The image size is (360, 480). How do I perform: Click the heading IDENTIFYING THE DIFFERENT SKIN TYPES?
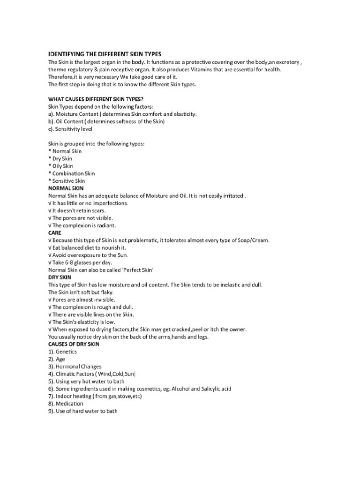105,54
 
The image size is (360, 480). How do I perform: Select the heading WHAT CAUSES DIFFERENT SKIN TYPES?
97,99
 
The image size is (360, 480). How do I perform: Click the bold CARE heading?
55,232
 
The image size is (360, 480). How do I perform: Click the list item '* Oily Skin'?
61,166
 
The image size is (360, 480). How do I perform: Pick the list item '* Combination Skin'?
71,173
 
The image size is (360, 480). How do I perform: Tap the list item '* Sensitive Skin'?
67,181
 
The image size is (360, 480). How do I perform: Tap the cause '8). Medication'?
66,404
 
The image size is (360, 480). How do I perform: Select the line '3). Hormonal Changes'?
75,367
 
